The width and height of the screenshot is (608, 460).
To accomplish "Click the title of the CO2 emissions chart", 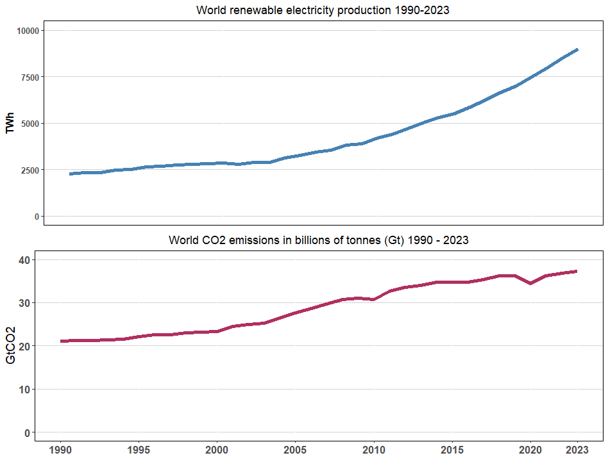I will click(319, 241).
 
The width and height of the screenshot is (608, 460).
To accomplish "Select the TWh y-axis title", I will click(10, 123).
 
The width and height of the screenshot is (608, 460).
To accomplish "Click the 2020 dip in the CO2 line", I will click(530, 283).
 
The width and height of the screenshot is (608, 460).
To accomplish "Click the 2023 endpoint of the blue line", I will click(577, 49).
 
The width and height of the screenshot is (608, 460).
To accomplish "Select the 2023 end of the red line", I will click(577, 271).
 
